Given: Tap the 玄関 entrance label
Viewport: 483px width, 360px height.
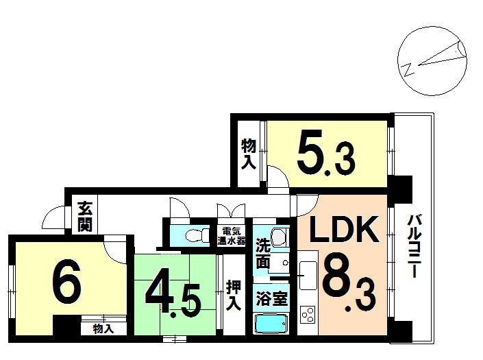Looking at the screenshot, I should (85, 215).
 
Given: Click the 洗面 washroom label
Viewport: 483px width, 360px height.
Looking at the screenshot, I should (263, 252).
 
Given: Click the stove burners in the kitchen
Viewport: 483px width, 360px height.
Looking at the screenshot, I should (308, 315).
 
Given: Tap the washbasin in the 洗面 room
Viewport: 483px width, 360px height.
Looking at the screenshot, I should (279, 237).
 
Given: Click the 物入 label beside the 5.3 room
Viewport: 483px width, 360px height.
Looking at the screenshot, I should (248, 154).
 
